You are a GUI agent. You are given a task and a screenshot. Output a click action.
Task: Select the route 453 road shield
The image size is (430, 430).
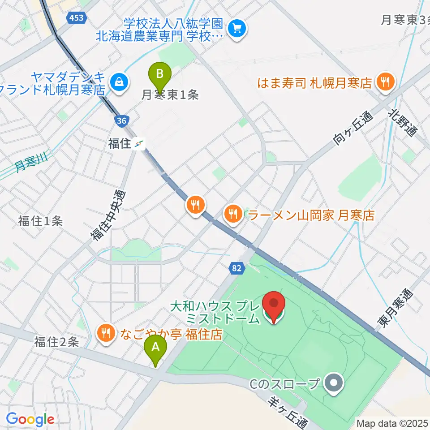pyautogui.click(x=76, y=17)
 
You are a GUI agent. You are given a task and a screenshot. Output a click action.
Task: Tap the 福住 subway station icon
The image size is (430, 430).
pyautogui.click(x=141, y=144)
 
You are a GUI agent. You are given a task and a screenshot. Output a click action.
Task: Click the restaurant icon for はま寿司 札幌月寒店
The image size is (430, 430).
pyautogui.click(x=384, y=82)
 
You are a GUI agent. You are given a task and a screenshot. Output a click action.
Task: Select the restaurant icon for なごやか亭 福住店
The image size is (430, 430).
pyautogui.click(x=105, y=333)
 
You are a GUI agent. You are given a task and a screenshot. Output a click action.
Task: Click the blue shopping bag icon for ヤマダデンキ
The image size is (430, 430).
pyautogui.click(x=119, y=82)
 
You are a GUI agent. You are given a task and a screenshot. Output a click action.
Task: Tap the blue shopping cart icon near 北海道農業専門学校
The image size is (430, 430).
pyautogui.click(x=235, y=30)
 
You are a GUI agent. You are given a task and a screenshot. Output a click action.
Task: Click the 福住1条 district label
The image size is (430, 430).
pyautogui.click(x=40, y=220)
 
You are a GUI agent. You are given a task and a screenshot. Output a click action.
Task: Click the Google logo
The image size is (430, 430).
pyautogui.click(x=30, y=419)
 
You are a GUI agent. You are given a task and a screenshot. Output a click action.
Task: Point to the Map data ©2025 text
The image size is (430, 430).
pyautogui.click(x=392, y=422)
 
